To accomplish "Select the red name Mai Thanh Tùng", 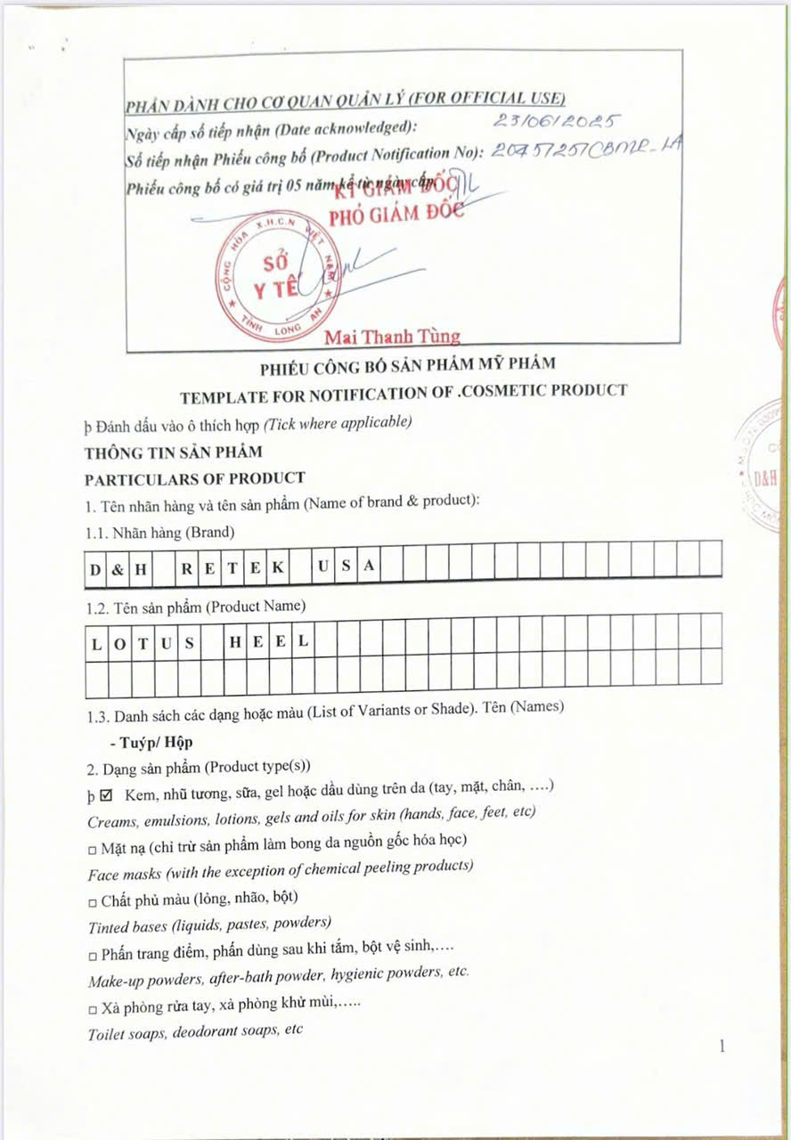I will pyautogui.click(x=392, y=337).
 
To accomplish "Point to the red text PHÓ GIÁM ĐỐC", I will pyautogui.click(x=397, y=216).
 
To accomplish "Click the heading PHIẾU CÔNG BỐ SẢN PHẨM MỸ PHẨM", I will pyautogui.click(x=407, y=363).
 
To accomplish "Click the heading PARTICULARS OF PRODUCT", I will pyautogui.click(x=195, y=478).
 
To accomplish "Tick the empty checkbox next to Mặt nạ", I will pyautogui.click(x=92, y=842).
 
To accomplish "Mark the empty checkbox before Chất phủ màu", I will pyautogui.click(x=93, y=899).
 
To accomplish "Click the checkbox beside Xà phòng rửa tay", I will pyautogui.click(x=93, y=1007).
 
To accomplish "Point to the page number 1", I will pyautogui.click(x=722, y=1046).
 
